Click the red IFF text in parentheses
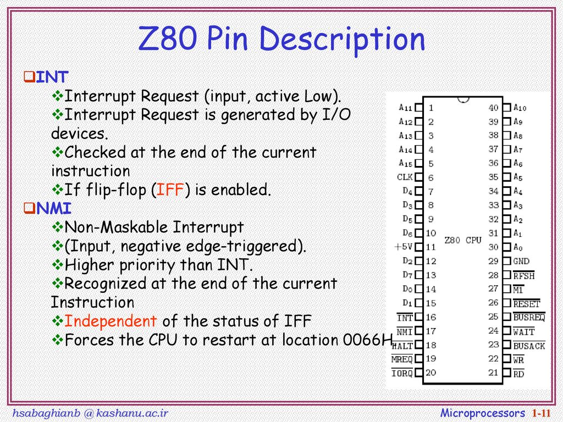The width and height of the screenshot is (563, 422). coord(170,190)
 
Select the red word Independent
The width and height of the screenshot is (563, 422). coord(110,321)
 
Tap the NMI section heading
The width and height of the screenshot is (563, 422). coord(54,208)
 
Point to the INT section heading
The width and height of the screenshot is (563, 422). coord(52,77)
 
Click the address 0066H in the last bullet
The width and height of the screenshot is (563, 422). coord(367,340)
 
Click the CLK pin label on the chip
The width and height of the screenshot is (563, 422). coord(405,177)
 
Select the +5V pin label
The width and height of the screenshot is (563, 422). coord(403,247)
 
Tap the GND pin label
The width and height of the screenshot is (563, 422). coord(521,261)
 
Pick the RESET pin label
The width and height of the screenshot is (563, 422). coord(527,304)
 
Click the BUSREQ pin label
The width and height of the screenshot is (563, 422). coord(529,317)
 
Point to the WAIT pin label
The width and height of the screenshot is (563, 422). coord(524,332)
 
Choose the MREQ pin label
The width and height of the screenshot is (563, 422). coord(402,359)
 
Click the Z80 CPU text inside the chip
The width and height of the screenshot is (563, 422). coord(463,240)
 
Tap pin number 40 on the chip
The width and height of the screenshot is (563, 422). coord(493,108)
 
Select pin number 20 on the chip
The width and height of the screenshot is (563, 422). coord(431,373)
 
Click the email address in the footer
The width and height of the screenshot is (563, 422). coord(90,413)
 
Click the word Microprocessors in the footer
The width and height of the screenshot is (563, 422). coord(483,413)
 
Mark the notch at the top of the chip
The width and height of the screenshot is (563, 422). coord(463,100)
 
